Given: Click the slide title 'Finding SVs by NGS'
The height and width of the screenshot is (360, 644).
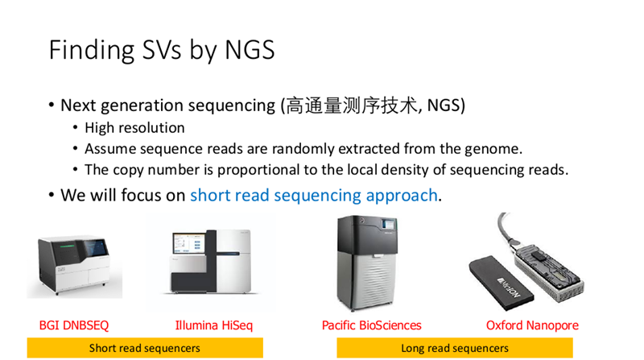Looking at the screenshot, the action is [x=162, y=51].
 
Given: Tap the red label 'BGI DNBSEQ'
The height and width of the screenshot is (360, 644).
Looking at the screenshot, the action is [x=74, y=325].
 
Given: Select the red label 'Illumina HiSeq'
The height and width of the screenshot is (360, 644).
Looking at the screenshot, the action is [x=213, y=325].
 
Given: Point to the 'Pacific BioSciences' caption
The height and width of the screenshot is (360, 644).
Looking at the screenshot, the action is [x=372, y=325].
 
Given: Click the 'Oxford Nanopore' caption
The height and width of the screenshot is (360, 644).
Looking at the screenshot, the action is [x=532, y=325].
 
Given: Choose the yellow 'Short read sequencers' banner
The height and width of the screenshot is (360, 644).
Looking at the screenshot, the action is [x=145, y=348].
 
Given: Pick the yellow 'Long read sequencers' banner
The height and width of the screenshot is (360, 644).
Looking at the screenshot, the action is [x=455, y=348].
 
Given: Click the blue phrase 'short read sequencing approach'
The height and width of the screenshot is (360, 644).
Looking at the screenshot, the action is [x=314, y=196].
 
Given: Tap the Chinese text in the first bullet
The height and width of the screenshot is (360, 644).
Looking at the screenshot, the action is [x=352, y=106].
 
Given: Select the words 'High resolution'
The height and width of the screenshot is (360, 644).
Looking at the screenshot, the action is [x=134, y=128].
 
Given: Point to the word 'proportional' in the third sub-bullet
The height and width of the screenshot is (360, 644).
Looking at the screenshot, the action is [x=258, y=170].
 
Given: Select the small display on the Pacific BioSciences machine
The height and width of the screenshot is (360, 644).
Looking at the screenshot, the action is [x=388, y=225].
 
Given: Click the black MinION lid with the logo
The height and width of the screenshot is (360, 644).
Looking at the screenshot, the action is [x=501, y=283].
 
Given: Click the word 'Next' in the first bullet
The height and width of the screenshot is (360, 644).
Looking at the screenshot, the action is [x=78, y=106].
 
